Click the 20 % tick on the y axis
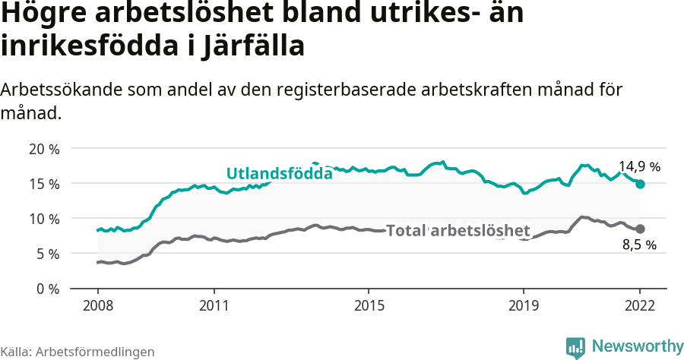tap(43, 149)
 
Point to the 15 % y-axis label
tap(43, 184)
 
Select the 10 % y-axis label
tap(43, 219)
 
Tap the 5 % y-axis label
tap(47, 254)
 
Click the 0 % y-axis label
tap(47, 289)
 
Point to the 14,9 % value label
tap(639, 166)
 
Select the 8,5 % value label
tap(639, 245)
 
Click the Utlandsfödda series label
tap(280, 174)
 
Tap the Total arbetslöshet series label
tap(458, 230)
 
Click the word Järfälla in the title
tap(254, 46)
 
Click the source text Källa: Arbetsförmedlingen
tap(78, 352)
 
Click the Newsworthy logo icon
tap(576, 347)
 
